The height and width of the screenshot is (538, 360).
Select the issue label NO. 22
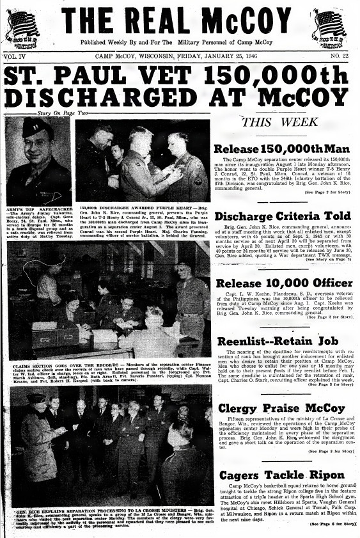(343, 56)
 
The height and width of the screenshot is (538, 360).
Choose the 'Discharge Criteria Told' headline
(285, 216)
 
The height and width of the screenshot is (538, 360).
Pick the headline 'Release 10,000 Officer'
(285, 283)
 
